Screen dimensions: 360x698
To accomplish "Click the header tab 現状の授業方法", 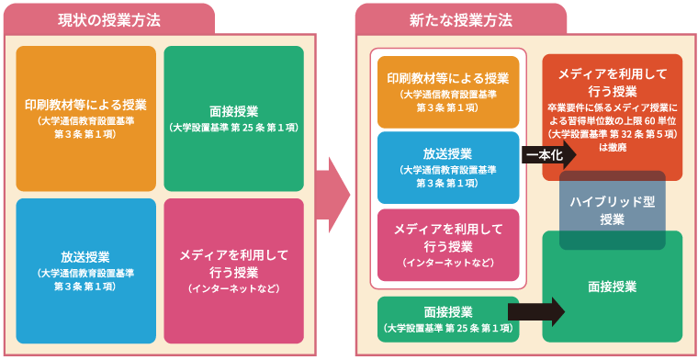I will [110, 18].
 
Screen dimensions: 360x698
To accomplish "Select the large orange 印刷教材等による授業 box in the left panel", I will [86, 118].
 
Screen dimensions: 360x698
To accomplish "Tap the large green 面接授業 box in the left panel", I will [233, 118].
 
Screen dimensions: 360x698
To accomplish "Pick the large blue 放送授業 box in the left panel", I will [86, 271].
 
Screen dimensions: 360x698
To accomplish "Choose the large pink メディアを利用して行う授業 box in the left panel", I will [233, 271].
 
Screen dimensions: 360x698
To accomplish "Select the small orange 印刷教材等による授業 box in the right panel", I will [448, 92].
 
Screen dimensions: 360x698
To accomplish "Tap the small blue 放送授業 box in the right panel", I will [448, 168].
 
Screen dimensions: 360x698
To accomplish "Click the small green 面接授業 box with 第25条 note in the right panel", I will [448, 318].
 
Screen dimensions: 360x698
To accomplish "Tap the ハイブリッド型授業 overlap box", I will [612, 209].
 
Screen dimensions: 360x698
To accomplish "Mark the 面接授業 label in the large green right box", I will [612, 287].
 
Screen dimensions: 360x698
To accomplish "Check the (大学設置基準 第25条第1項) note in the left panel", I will [233, 128].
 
